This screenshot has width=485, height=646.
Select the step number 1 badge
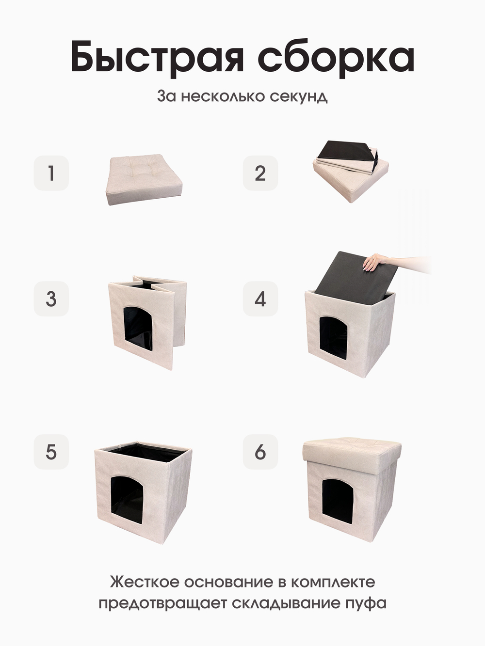pos(51,173)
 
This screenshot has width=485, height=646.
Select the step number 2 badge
pos(260,173)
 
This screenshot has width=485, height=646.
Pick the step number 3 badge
pos(51,299)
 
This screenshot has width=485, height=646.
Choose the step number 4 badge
pos(260,299)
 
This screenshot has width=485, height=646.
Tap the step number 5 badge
pos(51,452)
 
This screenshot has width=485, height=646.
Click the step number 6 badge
pos(260,452)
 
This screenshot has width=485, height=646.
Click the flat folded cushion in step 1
pos(144,179)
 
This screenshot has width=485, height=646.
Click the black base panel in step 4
pos(355,274)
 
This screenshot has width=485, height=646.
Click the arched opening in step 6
pos(338,501)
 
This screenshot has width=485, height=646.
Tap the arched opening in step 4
pos(334,338)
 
